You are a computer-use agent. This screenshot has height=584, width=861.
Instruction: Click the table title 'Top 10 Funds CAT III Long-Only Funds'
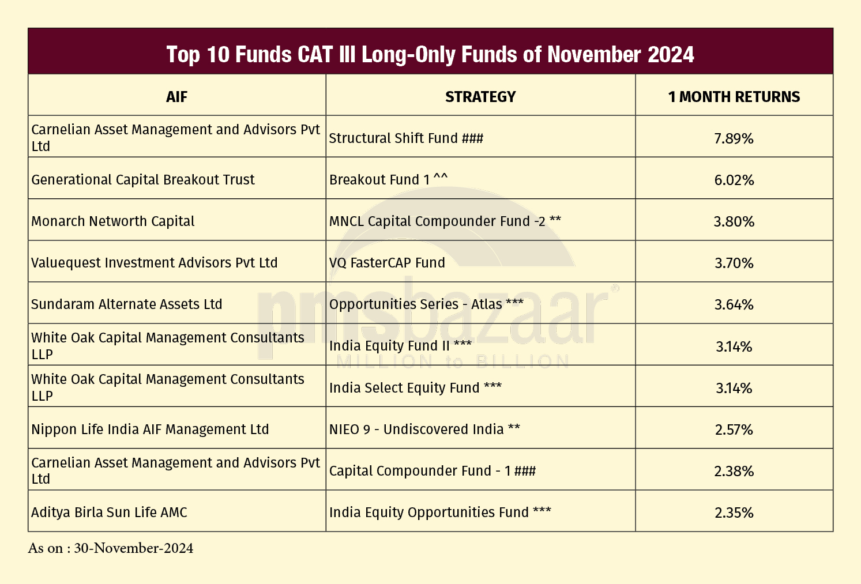pyautogui.click(x=430, y=54)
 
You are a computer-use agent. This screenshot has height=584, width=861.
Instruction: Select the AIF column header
pyautogui.click(x=176, y=97)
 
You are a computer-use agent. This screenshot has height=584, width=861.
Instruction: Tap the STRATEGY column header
pyautogui.click(x=480, y=97)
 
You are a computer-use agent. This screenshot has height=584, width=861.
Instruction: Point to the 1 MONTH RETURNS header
pyautogui.click(x=734, y=97)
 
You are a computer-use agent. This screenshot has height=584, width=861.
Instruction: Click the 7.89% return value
pyautogui.click(x=734, y=138)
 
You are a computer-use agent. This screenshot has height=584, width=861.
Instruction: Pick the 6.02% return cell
pyautogui.click(x=734, y=180)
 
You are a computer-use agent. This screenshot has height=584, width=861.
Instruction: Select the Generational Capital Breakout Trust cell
pyautogui.click(x=143, y=180)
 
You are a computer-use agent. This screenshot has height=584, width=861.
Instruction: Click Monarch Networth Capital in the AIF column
pyautogui.click(x=113, y=221)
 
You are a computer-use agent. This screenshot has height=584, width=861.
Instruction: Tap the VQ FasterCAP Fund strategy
pyautogui.click(x=387, y=263)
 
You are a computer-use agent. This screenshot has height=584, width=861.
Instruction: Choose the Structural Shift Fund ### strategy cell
pyautogui.click(x=406, y=138)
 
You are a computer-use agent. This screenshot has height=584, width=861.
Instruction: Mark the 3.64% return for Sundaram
pyautogui.click(x=734, y=304)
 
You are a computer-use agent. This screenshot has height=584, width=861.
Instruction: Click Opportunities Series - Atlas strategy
pyautogui.click(x=426, y=304)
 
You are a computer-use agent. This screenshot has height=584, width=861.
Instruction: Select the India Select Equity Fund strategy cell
pyautogui.click(x=415, y=388)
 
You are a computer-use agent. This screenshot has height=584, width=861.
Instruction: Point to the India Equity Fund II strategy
pyautogui.click(x=400, y=346)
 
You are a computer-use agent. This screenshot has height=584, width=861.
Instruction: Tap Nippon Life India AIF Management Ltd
pyautogui.click(x=150, y=429)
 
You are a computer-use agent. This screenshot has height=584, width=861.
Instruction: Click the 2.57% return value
pyautogui.click(x=734, y=429)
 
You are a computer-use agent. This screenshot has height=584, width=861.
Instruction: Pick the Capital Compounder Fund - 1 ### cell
pyautogui.click(x=433, y=471)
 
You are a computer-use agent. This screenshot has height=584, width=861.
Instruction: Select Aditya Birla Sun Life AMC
pyautogui.click(x=109, y=513)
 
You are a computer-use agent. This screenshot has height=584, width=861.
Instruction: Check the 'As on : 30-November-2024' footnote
pyautogui.click(x=111, y=548)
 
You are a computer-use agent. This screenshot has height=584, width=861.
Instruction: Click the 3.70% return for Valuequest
pyautogui.click(x=734, y=263)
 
